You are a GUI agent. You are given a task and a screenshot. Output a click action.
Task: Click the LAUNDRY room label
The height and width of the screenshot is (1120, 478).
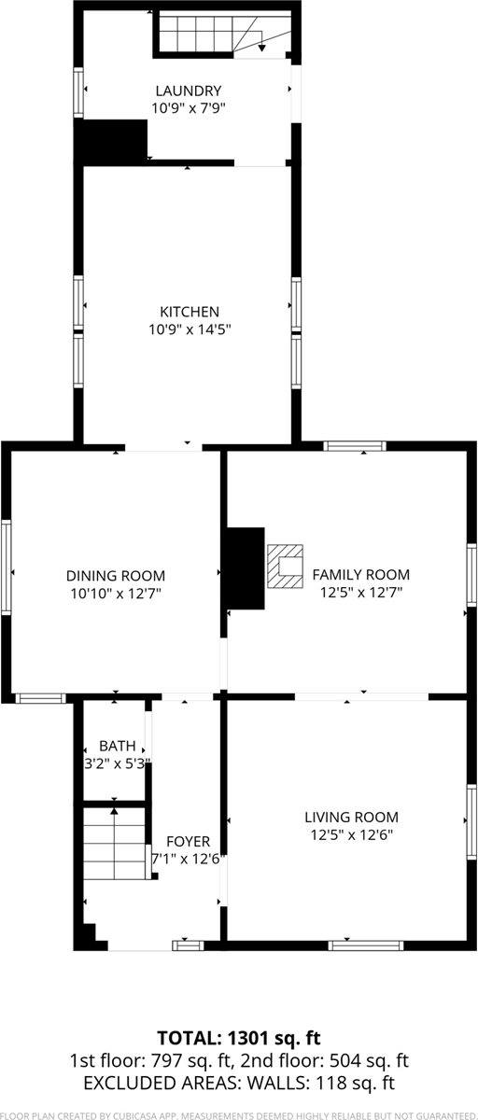pyautogui.click(x=189, y=91)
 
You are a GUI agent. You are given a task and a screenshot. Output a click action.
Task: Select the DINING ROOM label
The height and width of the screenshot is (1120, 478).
pyautogui.click(x=116, y=575)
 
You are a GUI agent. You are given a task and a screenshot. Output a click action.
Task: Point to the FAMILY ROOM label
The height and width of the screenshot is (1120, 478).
pyautogui.click(x=360, y=575)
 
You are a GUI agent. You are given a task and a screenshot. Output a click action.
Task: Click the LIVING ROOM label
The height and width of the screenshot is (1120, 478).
pyautogui.click(x=351, y=817)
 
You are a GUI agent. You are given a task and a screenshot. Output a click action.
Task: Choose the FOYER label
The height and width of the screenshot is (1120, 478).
pyautogui.click(x=188, y=841)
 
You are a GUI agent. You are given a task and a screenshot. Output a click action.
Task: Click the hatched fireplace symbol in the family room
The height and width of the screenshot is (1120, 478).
pyautogui.click(x=287, y=567)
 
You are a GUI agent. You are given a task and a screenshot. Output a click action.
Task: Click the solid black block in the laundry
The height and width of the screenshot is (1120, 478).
pyautogui.click(x=112, y=140)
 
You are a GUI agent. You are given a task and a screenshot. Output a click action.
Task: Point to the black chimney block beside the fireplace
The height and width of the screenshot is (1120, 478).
pyautogui.click(x=245, y=568)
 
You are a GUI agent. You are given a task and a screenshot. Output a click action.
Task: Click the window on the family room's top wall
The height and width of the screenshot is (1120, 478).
pyautogui.click(x=355, y=446)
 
